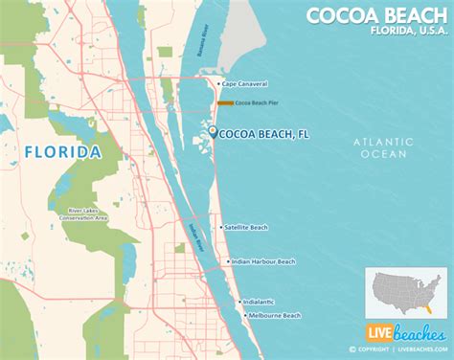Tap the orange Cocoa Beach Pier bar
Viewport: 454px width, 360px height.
click(227, 102)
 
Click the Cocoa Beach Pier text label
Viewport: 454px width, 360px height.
click(257, 102)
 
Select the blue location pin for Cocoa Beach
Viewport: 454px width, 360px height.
click(212, 134)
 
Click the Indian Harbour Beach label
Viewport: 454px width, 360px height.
click(264, 261)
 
